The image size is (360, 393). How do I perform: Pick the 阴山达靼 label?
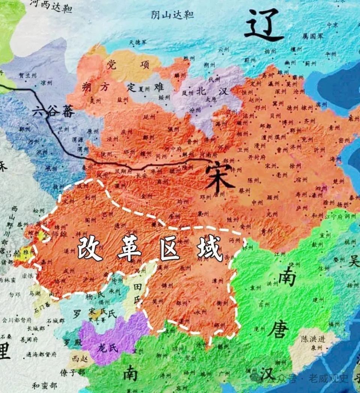pyautogui.click(x=172, y=15)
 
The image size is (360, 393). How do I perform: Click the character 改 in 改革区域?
pyautogui.click(x=90, y=248)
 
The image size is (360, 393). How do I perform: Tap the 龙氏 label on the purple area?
pyautogui.click(x=108, y=348)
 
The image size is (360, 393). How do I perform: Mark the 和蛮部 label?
pyautogui.click(x=44, y=385)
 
